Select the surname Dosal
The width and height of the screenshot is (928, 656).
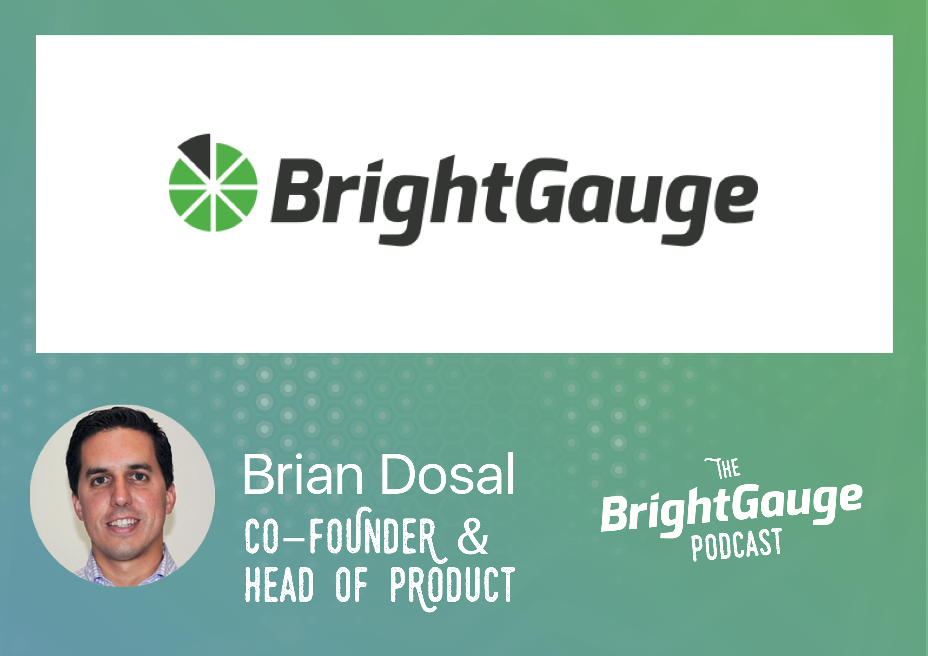pyautogui.click(x=447, y=475)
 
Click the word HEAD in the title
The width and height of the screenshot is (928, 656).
pyautogui.click(x=279, y=584)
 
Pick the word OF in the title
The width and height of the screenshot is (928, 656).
pyautogui.click(x=351, y=584)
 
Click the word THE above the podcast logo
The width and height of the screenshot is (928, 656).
pyautogui.click(x=723, y=468)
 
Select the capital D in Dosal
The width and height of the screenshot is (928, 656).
pyautogui.click(x=399, y=474)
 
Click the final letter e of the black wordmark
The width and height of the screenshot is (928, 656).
pyautogui.click(x=735, y=199)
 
